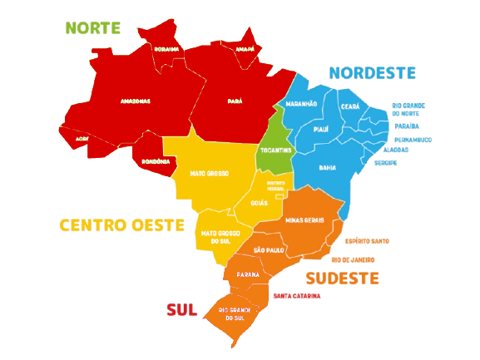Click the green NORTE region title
point(93,27)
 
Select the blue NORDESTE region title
point(372,73)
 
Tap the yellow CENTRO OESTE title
point(121,224)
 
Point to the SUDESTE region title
point(343,277)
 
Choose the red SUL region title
point(181,309)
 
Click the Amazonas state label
point(135,101)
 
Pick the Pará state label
point(235,101)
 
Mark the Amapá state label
point(245,49)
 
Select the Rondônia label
point(156,161)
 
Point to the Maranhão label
point(301,104)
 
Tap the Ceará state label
point(349,106)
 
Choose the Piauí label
point(321,130)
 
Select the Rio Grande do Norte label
point(408,109)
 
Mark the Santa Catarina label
point(295,295)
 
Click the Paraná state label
point(247,274)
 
